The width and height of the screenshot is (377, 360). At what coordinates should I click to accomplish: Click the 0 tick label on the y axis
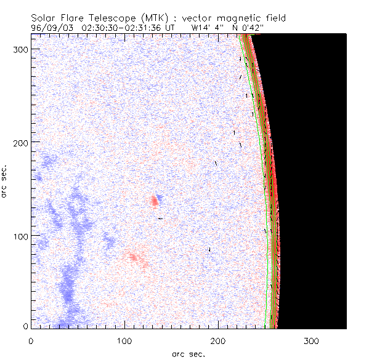click(x=24, y=326)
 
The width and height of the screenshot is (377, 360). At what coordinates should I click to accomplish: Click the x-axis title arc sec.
click(x=188, y=353)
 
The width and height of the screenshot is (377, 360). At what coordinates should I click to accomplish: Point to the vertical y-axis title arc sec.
click(x=5, y=180)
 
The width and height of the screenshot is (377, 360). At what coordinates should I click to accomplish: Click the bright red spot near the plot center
click(x=154, y=201)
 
